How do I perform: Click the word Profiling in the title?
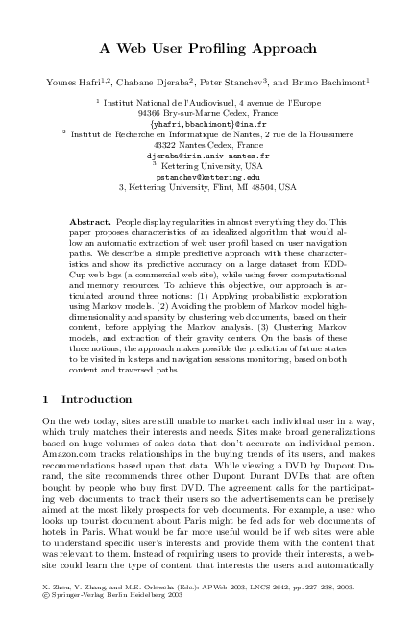222,48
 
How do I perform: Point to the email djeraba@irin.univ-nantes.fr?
206,155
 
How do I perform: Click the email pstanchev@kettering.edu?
206,177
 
